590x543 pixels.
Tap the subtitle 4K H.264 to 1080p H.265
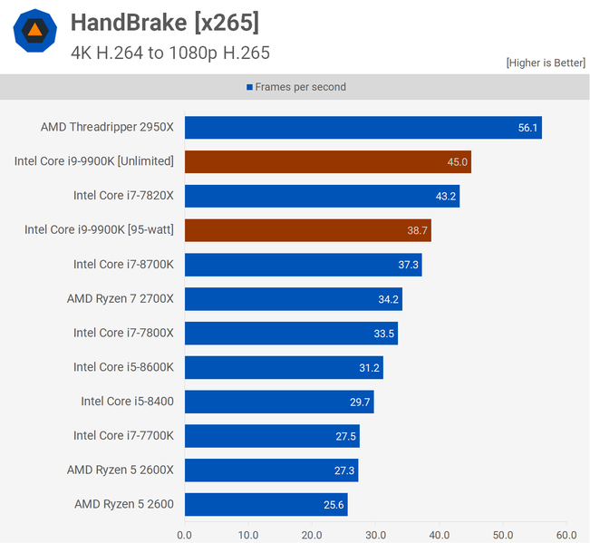click(x=169, y=53)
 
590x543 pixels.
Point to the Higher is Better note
click(x=545, y=63)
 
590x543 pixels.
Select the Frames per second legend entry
click(x=295, y=87)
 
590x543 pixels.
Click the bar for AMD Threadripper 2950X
click(x=363, y=128)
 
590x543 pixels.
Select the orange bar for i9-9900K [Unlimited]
click(x=327, y=161)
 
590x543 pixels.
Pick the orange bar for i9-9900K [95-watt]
click(x=307, y=230)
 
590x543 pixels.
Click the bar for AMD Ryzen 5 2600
click(x=266, y=504)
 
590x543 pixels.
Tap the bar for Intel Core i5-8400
click(x=279, y=402)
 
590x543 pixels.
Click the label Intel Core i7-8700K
click(x=123, y=265)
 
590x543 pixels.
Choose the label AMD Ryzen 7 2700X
click(x=120, y=298)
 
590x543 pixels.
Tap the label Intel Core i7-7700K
click(x=123, y=436)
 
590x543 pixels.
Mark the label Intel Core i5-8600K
click(x=123, y=367)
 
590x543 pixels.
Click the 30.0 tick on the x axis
click(x=375, y=535)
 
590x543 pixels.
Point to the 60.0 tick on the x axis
click(x=566, y=535)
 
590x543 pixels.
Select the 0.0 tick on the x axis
click(x=185, y=535)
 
